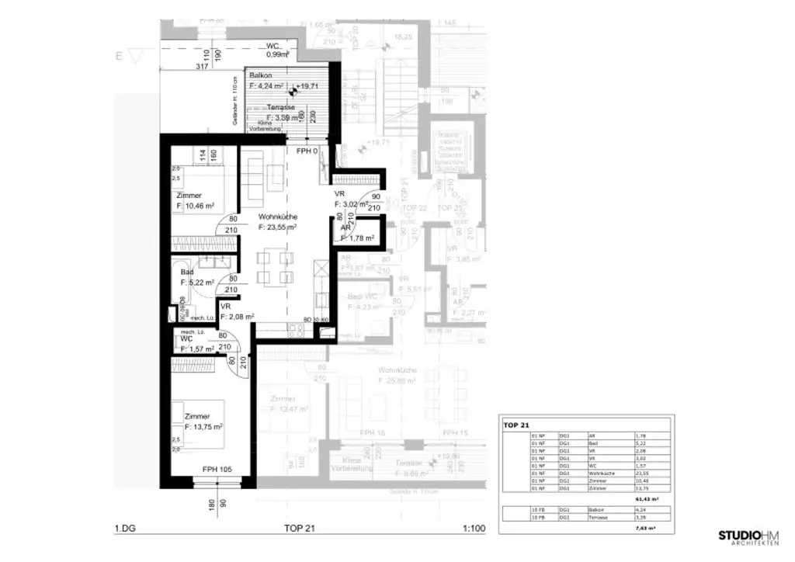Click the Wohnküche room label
[x=278, y=217]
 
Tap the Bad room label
[x=188, y=272]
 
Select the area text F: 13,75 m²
[x=203, y=427]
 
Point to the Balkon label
[x=260, y=75]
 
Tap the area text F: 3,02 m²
[x=351, y=204]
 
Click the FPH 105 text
[x=217, y=469]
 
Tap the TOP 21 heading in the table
[x=516, y=425]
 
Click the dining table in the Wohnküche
[x=276, y=265]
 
